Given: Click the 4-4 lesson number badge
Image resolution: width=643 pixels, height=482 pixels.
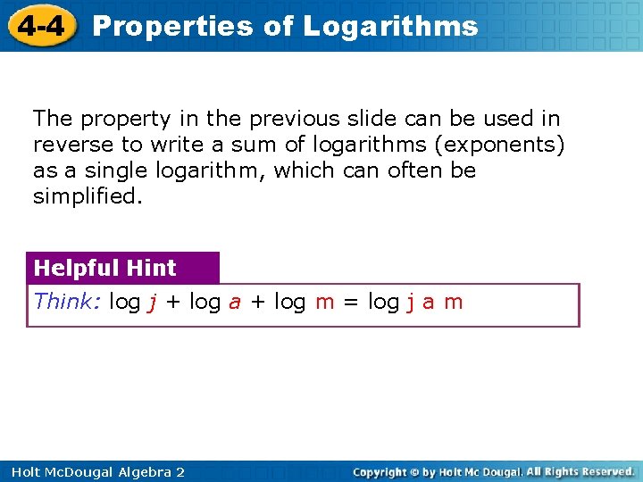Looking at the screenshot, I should (40, 26).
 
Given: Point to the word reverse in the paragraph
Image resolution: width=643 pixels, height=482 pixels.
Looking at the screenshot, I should (71, 144).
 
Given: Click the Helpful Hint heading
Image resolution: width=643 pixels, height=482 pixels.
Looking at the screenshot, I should (104, 268).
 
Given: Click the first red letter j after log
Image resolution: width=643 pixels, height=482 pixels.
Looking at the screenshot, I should (153, 303).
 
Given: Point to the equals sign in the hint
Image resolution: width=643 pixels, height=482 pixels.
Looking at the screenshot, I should (351, 303).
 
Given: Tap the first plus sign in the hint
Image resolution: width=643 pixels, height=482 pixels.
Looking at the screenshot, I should (172, 303).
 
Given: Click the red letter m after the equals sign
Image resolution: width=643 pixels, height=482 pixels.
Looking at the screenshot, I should (454, 303).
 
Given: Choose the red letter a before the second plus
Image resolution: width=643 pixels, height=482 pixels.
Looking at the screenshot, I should (235, 303).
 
